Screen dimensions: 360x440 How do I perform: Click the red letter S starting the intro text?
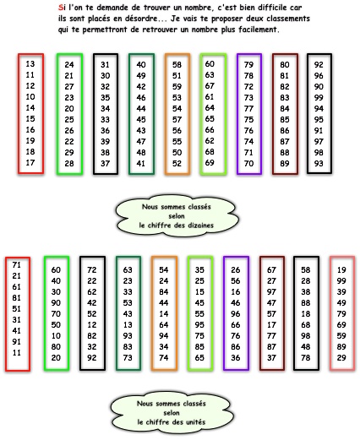pyautogui.click(x=60, y=8)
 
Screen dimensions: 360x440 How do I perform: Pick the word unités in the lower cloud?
pyautogui.click(x=196, y=422)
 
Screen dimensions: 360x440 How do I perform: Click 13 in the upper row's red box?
pyautogui.click(x=30, y=64)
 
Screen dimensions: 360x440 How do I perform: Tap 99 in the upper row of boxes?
pyautogui.click(x=319, y=98)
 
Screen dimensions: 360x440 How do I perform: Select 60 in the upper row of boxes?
pyautogui.click(x=210, y=64)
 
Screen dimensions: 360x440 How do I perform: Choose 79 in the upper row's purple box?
pyautogui.click(x=248, y=65)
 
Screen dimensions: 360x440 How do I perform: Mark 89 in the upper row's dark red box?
pyautogui.click(x=285, y=164)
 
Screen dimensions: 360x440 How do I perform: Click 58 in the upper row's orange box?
pyautogui.click(x=177, y=65)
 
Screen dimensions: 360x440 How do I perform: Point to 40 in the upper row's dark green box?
pyautogui.click(x=141, y=65)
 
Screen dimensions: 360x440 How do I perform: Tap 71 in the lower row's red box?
pyautogui.click(x=17, y=265)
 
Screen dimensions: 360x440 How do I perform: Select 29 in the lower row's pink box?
pyautogui.click(x=341, y=358)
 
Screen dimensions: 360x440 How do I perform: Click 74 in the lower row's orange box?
pyautogui.click(x=164, y=358)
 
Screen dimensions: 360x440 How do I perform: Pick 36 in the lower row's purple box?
pyautogui.click(x=236, y=358)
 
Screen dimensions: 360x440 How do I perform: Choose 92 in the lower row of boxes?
pyautogui.click(x=92, y=358)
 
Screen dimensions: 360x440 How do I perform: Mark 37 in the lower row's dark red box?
pyautogui.click(x=271, y=358)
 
